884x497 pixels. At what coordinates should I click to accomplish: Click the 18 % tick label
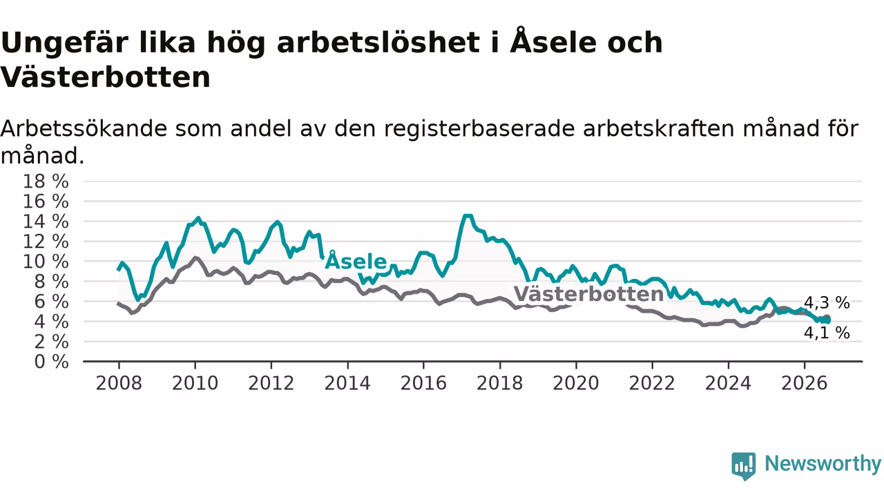(46, 182)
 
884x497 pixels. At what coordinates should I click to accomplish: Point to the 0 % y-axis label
(51, 362)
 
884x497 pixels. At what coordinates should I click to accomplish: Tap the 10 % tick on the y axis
(46, 262)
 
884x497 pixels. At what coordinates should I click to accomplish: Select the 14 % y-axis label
(46, 222)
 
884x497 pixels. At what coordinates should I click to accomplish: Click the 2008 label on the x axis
(119, 383)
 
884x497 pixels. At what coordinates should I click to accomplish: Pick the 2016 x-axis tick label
(423, 383)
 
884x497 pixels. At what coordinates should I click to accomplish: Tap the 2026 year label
(805, 383)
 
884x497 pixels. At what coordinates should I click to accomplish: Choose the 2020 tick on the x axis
(576, 383)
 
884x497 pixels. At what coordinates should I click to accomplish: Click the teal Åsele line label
(356, 260)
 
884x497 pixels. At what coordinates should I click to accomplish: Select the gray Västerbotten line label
(588, 294)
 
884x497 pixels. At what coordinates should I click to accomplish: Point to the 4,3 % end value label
(827, 303)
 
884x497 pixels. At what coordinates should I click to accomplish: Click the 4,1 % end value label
(827, 333)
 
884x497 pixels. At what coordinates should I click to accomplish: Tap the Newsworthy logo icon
(744, 466)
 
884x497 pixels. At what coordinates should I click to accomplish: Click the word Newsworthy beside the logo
(823, 463)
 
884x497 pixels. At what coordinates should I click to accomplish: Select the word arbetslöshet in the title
(378, 42)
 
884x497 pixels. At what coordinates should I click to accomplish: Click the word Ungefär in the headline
(65, 43)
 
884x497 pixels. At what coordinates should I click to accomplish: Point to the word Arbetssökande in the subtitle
(84, 128)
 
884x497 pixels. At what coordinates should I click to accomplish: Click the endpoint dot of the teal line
(827, 321)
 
